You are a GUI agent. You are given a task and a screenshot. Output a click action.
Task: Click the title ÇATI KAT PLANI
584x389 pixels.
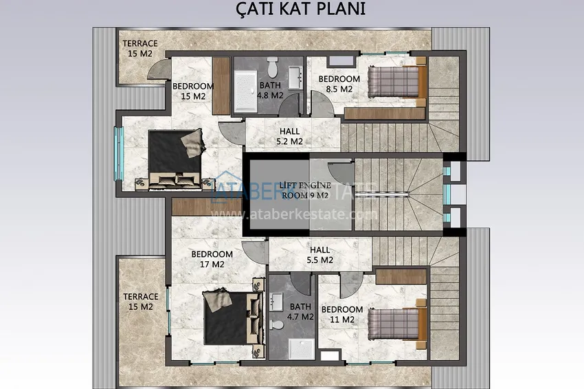pyautogui.click(x=300, y=9)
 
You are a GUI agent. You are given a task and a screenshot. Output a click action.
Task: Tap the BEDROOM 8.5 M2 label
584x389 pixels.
pyautogui.click(x=339, y=84)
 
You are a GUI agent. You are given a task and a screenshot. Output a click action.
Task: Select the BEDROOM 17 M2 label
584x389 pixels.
pyautogui.click(x=212, y=259)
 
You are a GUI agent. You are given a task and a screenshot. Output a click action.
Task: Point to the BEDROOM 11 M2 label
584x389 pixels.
pyautogui.click(x=342, y=315)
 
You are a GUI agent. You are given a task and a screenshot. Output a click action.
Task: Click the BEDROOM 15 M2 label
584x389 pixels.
pyautogui.click(x=193, y=91)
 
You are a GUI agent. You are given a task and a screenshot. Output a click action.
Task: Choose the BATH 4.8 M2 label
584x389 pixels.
pyautogui.click(x=270, y=90)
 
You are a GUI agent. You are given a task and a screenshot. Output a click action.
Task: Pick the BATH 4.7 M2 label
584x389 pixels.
pyautogui.click(x=300, y=312)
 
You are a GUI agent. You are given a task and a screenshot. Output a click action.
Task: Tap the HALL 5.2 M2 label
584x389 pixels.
pyautogui.click(x=289, y=136)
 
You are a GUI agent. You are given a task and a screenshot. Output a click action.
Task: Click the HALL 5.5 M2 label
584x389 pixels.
pyautogui.click(x=320, y=255)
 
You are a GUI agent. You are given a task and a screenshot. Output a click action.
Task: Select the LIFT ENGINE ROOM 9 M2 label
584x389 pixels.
pyautogui.click(x=305, y=190)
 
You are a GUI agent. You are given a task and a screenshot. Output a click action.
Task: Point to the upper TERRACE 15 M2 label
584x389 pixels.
pyautogui.click(x=140, y=48)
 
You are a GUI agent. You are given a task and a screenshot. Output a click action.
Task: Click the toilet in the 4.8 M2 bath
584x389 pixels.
pyautogui.click(x=273, y=67)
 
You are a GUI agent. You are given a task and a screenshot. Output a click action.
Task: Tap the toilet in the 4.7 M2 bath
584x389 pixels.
pyautogui.click(x=276, y=324)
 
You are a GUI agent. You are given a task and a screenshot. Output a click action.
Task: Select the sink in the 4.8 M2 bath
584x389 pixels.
pyautogui.click(x=295, y=78)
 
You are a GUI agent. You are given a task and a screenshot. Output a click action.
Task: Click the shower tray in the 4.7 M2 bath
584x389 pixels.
pyautogui.click(x=302, y=349)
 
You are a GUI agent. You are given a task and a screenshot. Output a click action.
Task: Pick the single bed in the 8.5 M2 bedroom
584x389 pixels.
pyautogui.click(x=396, y=82)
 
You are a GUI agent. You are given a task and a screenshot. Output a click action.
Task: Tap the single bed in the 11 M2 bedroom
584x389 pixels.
pyautogui.click(x=397, y=324)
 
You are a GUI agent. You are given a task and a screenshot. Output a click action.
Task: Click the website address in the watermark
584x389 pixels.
pyautogui.click(x=294, y=214)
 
